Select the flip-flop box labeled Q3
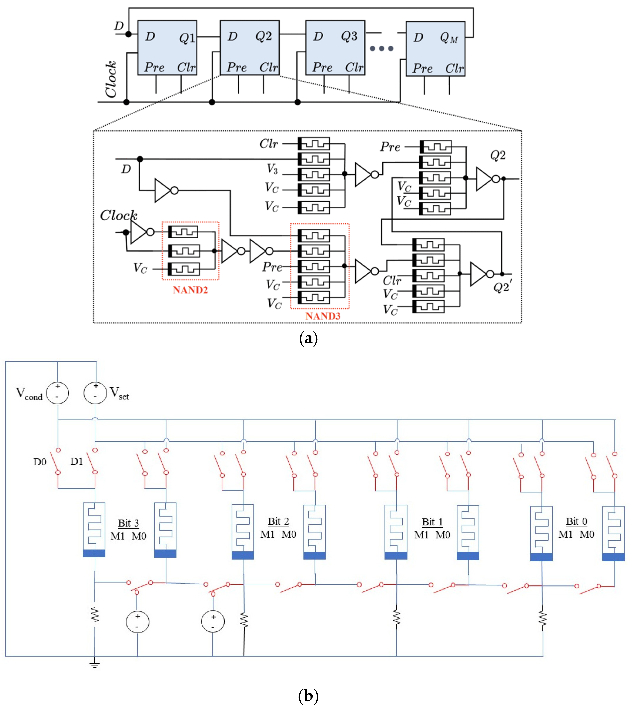(335, 48)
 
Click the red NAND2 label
(190, 290)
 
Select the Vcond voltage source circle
(57, 393)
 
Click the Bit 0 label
(576, 521)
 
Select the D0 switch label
(40, 462)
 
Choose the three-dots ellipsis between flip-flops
(381, 49)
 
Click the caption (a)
(308, 338)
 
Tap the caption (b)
(308, 696)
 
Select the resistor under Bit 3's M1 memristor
(94, 615)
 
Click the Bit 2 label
(278, 521)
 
